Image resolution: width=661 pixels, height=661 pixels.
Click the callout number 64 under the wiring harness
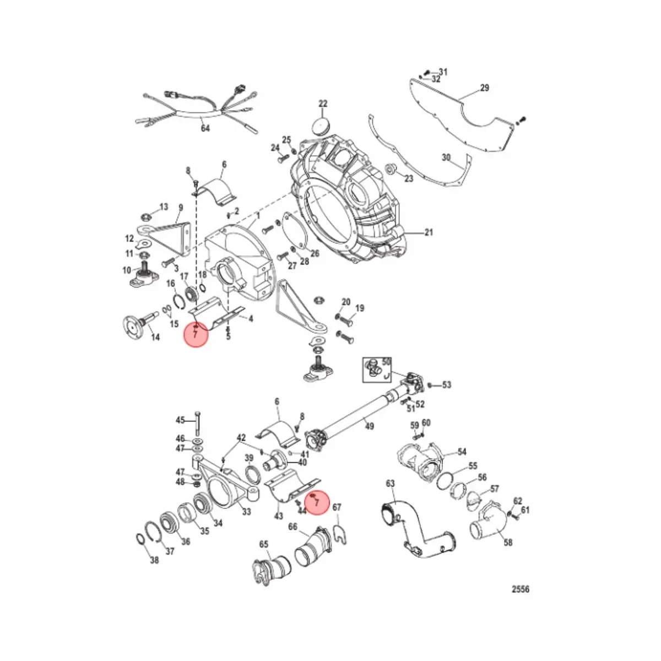pos(205,129)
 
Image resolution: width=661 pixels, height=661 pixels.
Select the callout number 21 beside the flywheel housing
pos(429,232)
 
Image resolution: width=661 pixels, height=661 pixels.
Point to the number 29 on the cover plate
pos(484,88)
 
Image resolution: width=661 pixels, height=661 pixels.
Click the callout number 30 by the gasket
pos(446,158)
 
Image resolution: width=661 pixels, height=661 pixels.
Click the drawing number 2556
pos(520,589)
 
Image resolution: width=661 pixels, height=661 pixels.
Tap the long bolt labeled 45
pos(197,424)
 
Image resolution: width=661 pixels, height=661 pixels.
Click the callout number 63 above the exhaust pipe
pos(390,484)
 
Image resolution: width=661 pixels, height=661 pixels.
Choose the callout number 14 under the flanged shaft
pos(155,337)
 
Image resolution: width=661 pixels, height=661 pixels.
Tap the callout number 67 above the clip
pos(338,507)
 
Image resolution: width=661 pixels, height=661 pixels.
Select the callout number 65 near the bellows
pos(264,544)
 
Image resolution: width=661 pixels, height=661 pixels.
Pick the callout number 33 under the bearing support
pos(246,512)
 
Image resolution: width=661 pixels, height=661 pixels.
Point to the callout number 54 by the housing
pos(462,452)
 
